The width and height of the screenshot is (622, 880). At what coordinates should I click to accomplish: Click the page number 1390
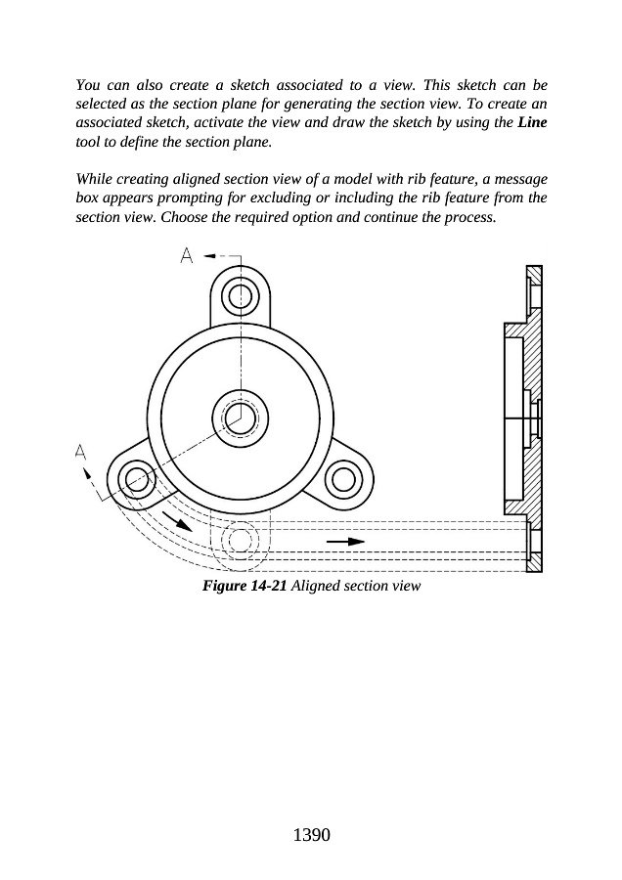[x=311, y=835]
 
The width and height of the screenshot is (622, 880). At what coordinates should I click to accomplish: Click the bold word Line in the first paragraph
[x=532, y=124]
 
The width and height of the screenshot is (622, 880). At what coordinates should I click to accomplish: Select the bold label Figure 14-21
[x=244, y=586]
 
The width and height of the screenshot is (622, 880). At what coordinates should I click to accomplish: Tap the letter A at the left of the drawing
[x=80, y=452]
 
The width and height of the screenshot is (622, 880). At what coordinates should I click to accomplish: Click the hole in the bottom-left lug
[x=136, y=479]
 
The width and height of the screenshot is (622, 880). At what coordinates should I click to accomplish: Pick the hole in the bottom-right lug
[x=343, y=479]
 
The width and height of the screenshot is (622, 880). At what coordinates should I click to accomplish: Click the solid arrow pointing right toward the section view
[x=344, y=540]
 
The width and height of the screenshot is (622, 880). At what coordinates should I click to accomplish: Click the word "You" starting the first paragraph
[x=89, y=87]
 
